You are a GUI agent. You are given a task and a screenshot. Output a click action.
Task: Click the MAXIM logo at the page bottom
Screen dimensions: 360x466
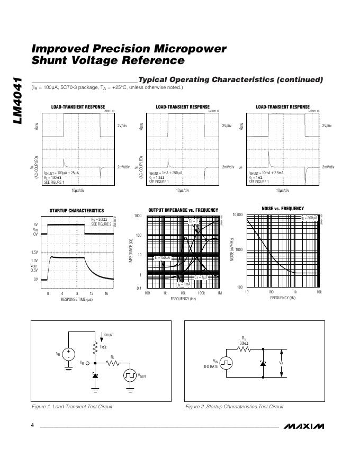tap(303, 426)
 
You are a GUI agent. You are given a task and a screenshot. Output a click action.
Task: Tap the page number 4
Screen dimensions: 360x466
tap(33, 426)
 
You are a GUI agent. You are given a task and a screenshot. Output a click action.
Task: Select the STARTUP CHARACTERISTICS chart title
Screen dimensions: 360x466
tap(77, 210)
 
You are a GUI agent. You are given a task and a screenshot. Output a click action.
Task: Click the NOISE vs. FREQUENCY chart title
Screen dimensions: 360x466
tap(283, 209)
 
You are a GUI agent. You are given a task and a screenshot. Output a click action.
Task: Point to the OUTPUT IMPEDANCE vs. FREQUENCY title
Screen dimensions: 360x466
tap(183, 210)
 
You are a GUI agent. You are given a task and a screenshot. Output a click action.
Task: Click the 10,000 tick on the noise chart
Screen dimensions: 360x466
tap(237, 215)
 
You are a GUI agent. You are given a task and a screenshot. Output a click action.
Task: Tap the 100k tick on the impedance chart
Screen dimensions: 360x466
tap(201, 293)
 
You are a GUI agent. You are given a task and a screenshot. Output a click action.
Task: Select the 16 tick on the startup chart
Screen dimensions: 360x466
tap(106, 293)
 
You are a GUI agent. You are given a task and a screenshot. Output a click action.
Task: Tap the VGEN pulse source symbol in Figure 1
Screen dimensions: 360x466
tap(130, 375)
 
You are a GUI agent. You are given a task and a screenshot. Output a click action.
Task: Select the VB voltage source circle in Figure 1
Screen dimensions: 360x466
tap(69, 354)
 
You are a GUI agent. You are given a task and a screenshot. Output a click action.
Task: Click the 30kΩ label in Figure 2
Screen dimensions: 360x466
tap(244, 343)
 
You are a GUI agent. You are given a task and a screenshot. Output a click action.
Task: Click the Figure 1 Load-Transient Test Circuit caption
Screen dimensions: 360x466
tap(72, 407)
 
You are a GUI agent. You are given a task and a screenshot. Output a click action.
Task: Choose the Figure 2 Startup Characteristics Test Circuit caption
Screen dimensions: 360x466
tap(234, 407)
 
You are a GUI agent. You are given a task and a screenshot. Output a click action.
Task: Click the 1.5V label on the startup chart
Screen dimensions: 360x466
tap(34, 252)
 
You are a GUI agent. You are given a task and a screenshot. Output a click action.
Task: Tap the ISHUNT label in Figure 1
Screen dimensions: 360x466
tap(109, 335)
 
